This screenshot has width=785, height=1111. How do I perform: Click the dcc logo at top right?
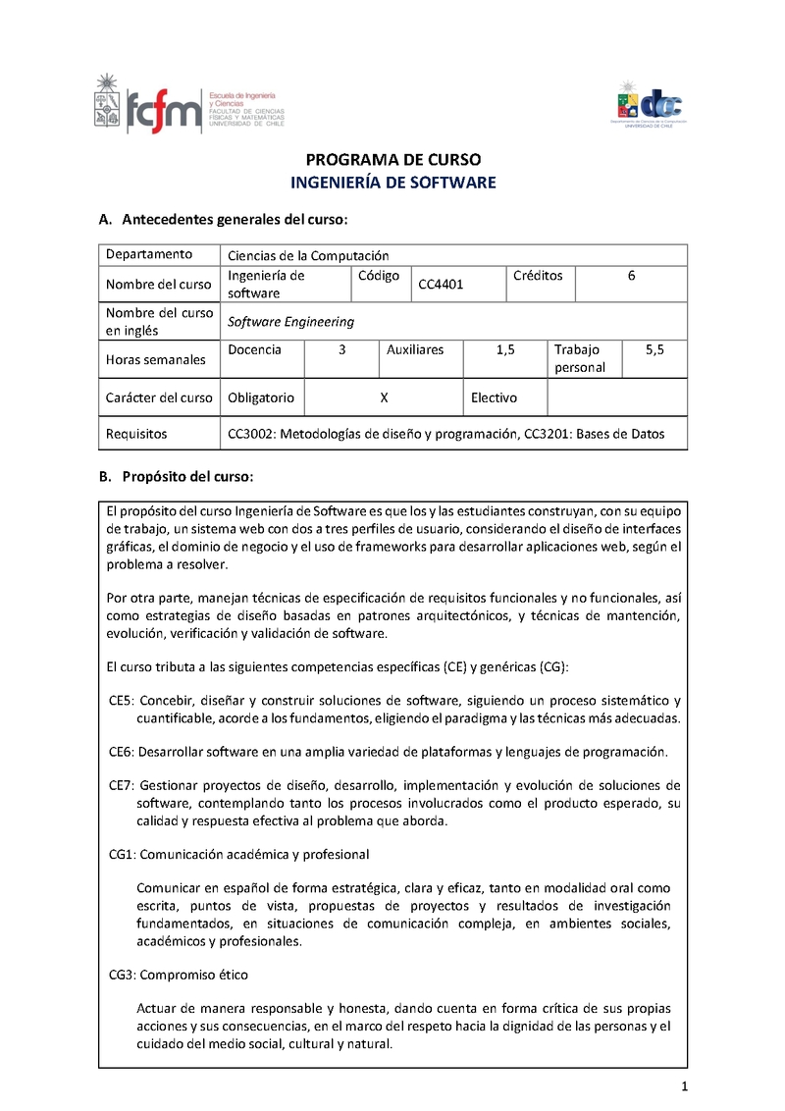650,103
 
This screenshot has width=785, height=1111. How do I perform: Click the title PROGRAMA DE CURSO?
393,160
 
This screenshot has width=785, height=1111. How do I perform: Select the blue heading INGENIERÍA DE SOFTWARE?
393,183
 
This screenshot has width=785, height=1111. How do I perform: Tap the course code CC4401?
441,285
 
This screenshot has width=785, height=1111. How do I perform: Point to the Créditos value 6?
632,276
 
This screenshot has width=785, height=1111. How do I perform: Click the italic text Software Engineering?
290,321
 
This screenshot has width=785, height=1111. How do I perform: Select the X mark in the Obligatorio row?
385,397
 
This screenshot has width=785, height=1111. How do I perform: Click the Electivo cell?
494,397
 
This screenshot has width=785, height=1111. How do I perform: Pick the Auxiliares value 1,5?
505,349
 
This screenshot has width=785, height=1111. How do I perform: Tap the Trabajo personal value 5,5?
655,349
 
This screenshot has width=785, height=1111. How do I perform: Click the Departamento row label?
149,254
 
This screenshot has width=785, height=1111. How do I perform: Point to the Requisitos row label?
136,433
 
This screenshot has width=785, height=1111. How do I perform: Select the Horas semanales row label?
156,359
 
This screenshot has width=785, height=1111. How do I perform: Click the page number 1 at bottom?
684,1086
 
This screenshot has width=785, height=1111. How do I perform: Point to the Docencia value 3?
341,349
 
